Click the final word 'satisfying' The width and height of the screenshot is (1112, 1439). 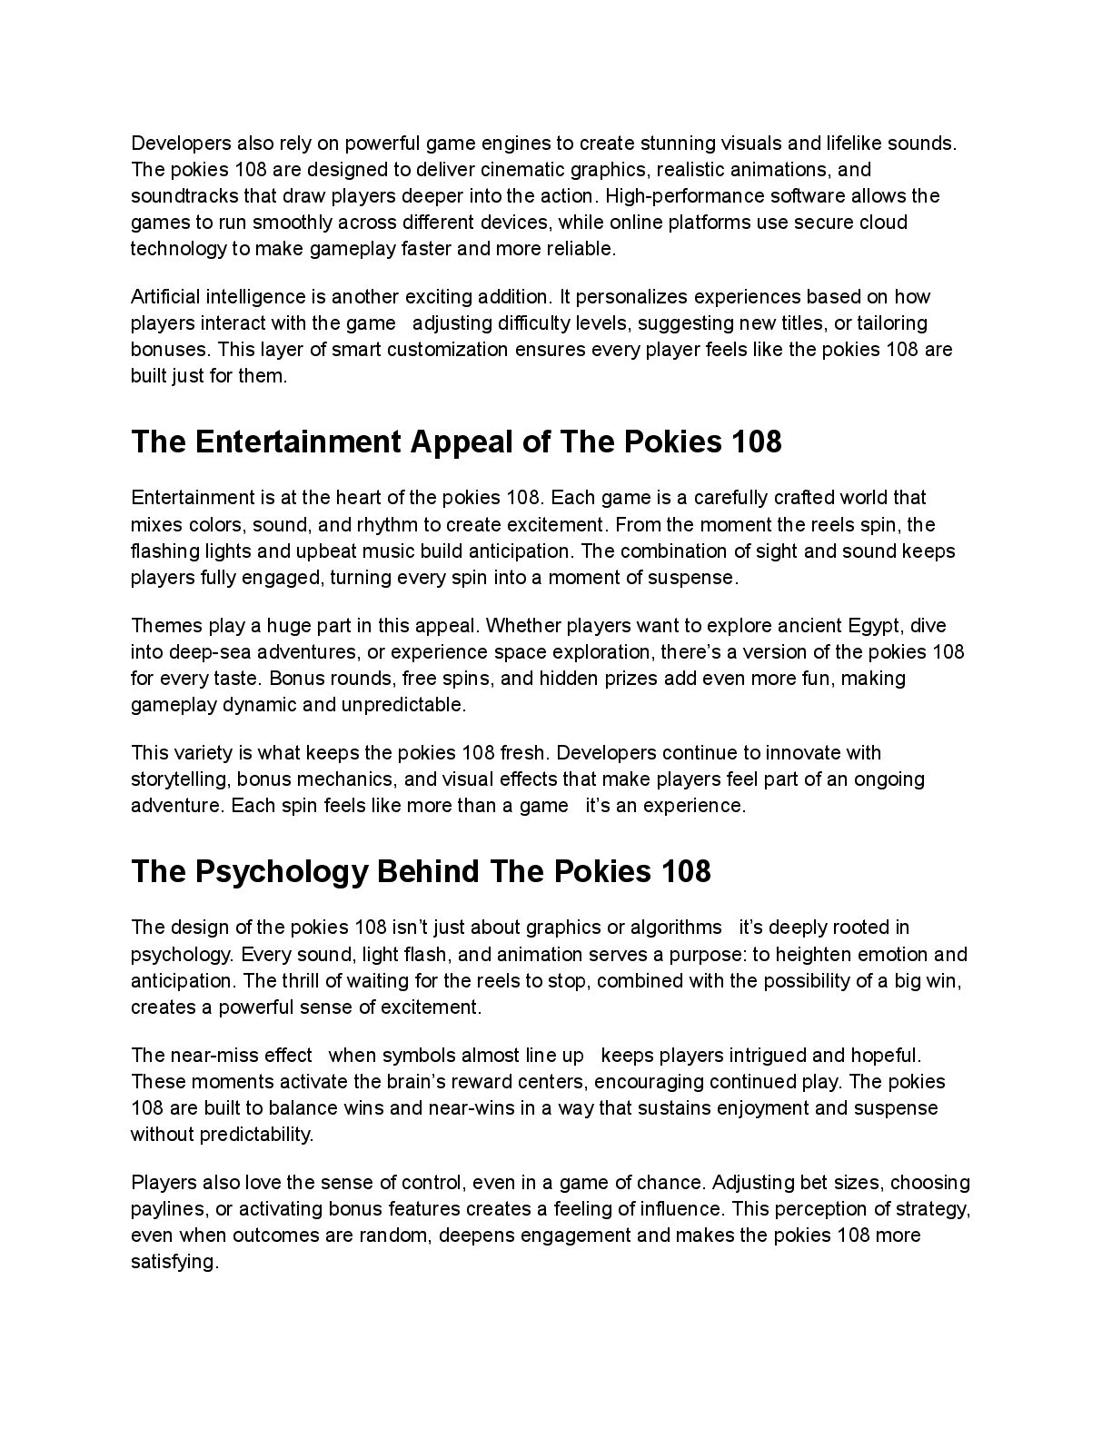point(174,1262)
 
